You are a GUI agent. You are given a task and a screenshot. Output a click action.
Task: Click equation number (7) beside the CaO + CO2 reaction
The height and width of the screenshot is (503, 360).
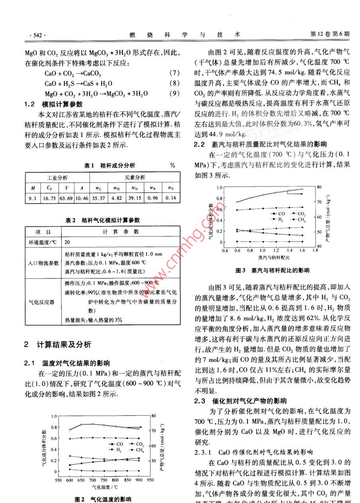pos(175,73)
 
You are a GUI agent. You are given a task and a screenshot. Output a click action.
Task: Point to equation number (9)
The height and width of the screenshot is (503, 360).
pos(175,94)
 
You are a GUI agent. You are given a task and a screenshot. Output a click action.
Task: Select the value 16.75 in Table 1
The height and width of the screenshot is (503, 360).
pos(49,198)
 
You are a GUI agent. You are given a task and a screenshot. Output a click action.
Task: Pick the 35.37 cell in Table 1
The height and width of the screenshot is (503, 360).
pos(98,198)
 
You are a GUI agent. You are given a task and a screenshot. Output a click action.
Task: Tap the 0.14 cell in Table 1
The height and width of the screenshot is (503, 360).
pos(170,198)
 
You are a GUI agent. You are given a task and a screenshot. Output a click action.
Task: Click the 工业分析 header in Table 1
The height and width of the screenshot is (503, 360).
pos(57,177)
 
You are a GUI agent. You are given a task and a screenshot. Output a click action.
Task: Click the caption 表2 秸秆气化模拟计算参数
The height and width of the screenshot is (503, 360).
pos(103,220)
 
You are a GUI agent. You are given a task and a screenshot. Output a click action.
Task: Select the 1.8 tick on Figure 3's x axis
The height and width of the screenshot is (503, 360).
pos(315,250)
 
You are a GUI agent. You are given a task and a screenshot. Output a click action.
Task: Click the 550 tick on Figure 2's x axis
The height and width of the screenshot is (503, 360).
pos(58,480)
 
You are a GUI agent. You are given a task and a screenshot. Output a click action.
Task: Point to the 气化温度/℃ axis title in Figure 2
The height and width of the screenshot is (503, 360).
pos(105,487)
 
